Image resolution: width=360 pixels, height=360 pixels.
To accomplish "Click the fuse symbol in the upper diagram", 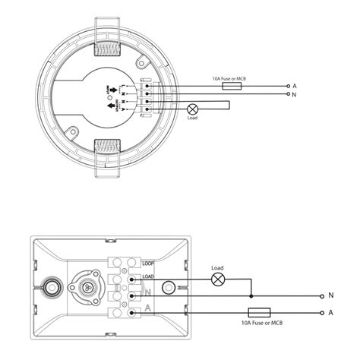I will [232, 87].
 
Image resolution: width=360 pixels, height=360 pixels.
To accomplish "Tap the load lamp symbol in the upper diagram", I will [192, 109].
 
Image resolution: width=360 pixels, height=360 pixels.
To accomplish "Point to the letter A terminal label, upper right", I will [294, 87].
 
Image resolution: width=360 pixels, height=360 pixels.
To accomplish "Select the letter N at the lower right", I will [330, 295].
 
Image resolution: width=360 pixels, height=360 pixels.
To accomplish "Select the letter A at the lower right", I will [330, 312].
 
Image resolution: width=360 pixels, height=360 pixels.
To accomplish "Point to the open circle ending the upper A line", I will [287, 87].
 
